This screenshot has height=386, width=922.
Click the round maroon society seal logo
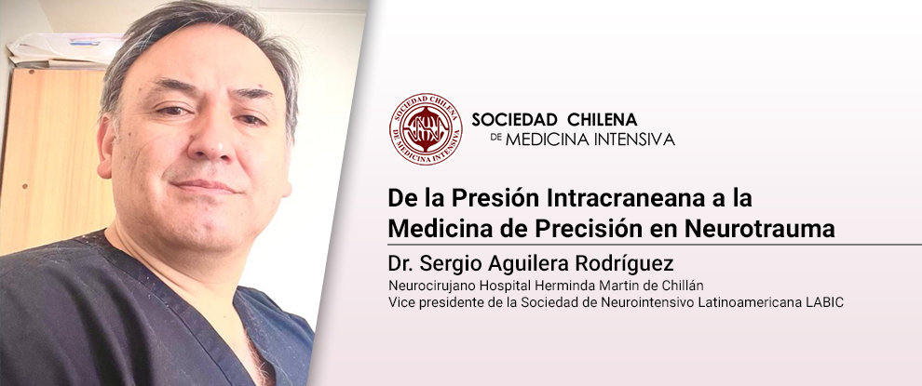click(426, 128)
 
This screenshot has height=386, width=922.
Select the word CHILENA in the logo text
click(603, 120)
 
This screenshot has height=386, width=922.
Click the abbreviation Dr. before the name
click(402, 264)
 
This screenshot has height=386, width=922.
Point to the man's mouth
click(205, 186)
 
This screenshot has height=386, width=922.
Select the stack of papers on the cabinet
click(63, 49)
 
